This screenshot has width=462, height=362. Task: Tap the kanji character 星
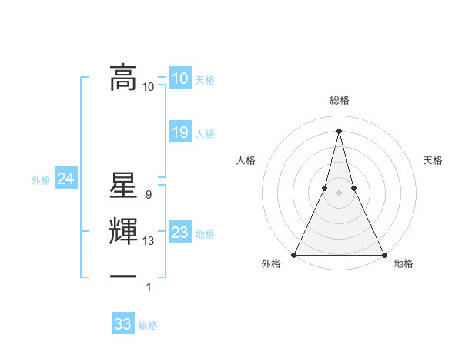point(123,189)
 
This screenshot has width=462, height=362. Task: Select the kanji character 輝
point(123,233)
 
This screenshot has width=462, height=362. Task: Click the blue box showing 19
point(179,132)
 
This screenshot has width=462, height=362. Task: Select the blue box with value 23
point(179,233)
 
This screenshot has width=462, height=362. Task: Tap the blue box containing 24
point(65,179)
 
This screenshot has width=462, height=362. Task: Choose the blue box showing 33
point(122,324)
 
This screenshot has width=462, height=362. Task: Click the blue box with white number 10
point(179,79)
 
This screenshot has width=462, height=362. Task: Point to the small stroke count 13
point(149,241)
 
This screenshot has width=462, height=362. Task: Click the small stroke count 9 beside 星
point(148,196)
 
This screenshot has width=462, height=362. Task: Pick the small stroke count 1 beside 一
point(149,287)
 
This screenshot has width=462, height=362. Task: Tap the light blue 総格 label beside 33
point(148,326)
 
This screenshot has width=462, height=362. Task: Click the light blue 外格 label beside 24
point(41,180)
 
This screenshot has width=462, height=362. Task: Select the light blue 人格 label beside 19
point(205,134)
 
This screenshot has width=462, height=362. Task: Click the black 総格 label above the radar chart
point(339,101)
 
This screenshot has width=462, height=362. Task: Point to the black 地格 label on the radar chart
point(403,264)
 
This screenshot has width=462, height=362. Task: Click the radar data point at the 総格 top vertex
point(339,129)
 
